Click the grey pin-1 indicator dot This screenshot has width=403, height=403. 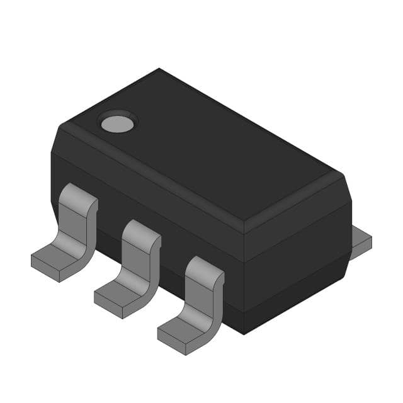click(x=118, y=123)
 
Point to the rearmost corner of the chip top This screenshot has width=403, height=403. click(x=159, y=69)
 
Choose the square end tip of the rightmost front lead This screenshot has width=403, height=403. click(x=170, y=340)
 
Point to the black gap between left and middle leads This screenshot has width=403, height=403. click(x=107, y=239)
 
